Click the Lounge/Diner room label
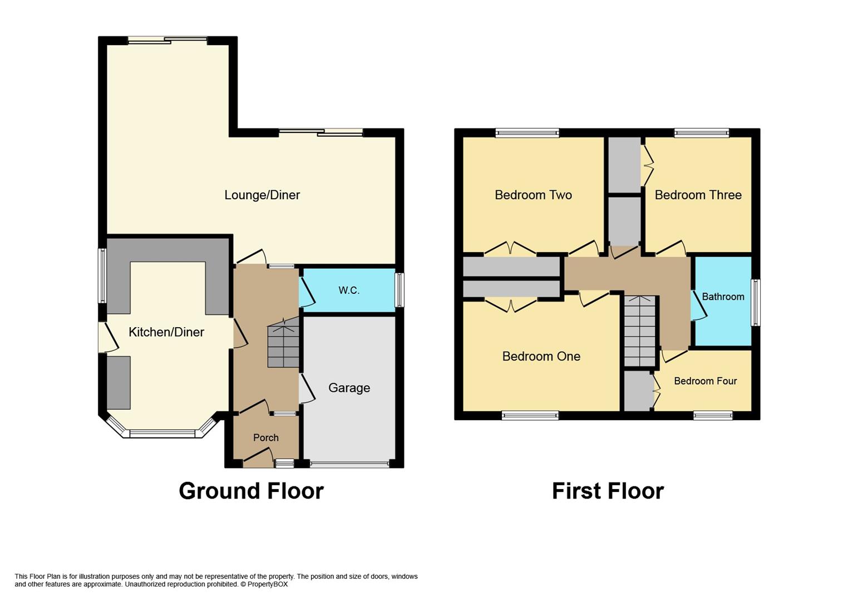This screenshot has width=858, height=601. [x=262, y=195]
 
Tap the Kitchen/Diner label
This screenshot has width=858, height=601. [x=166, y=332]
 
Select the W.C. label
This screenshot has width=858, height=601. [x=349, y=290]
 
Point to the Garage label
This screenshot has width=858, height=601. [x=349, y=388]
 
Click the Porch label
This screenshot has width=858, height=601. [x=266, y=437]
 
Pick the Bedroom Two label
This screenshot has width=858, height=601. [x=533, y=195]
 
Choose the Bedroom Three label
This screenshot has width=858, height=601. [x=698, y=195]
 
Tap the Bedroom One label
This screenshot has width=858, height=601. [x=541, y=357]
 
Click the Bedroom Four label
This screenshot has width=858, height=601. [x=705, y=381]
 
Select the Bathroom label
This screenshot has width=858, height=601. [x=723, y=297]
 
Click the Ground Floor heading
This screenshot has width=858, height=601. [x=252, y=491]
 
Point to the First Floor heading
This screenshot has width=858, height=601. [x=608, y=491]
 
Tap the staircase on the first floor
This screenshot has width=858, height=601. [x=640, y=331]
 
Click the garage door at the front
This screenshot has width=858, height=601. [x=349, y=464]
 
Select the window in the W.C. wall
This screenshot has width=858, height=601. [x=400, y=290]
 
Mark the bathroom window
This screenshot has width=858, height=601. [x=756, y=303]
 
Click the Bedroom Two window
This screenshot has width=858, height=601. [x=527, y=133]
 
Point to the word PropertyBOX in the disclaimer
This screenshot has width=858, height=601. [x=267, y=584]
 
